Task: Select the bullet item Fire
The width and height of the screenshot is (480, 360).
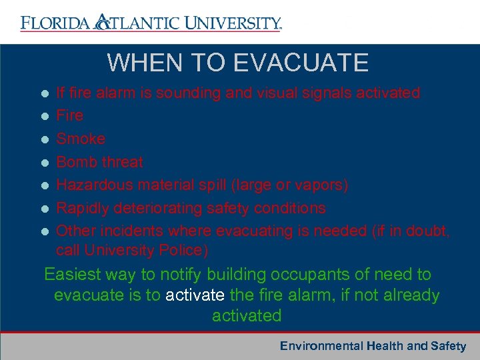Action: point(69,115)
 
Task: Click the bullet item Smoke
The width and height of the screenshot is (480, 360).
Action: point(81,139)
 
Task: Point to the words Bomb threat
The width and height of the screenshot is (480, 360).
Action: point(99,162)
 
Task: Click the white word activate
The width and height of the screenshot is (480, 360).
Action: point(195,295)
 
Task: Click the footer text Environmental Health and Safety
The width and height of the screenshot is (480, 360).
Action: point(373,345)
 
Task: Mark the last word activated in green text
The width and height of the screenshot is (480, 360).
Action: point(247,315)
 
